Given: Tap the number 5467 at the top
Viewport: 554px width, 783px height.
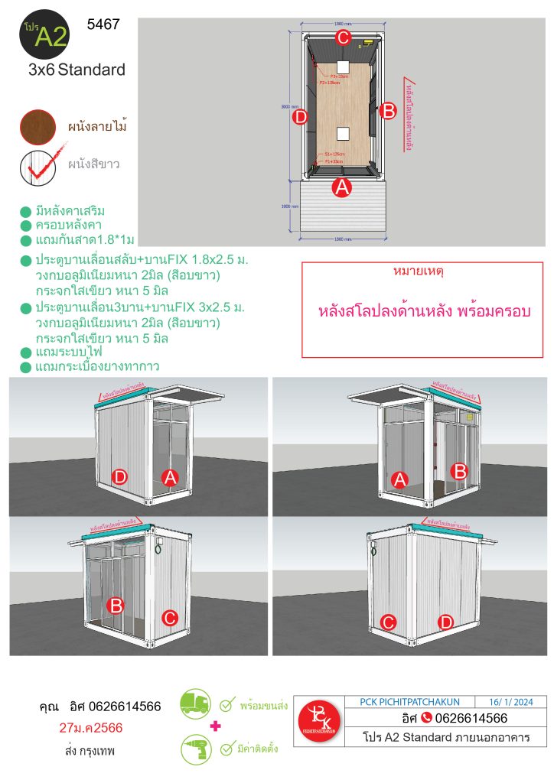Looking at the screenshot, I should click(x=103, y=24).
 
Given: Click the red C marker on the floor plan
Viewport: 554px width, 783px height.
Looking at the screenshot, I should click(x=343, y=37).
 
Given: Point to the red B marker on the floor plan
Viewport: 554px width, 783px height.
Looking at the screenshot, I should click(x=387, y=110).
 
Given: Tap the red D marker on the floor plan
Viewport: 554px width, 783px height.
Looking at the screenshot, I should click(x=300, y=117).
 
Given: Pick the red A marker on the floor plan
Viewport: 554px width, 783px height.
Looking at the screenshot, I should click(x=342, y=186).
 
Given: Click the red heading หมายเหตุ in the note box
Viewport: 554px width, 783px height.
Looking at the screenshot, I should click(x=422, y=271).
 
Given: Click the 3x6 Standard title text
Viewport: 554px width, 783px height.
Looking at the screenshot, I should click(x=76, y=70).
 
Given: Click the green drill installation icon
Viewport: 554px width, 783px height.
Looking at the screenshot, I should click(x=196, y=749).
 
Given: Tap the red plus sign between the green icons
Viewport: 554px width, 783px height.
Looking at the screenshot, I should click(x=216, y=725).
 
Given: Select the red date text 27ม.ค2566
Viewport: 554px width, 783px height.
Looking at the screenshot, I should click(x=90, y=727).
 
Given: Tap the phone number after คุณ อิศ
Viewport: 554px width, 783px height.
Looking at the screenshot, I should click(x=125, y=706).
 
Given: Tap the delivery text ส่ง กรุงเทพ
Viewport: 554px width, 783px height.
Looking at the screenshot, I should click(x=90, y=751).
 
